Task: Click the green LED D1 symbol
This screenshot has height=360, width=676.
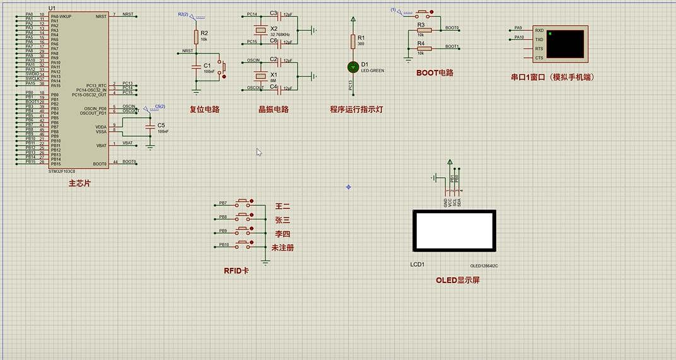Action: pyautogui.click(x=353, y=66)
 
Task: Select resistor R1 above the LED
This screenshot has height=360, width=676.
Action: pyautogui.click(x=353, y=42)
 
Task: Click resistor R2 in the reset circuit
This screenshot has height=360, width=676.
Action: pyautogui.click(x=196, y=37)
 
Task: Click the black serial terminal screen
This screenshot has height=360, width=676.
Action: pyautogui.click(x=566, y=44)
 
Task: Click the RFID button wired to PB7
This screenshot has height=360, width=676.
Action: pyautogui.click(x=243, y=203)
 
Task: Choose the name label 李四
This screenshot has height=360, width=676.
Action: pyautogui.click(x=283, y=234)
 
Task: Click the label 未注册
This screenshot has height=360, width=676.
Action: pyautogui.click(x=283, y=248)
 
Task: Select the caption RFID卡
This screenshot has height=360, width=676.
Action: pyautogui.click(x=236, y=271)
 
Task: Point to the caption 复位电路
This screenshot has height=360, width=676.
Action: pyautogui.click(x=204, y=109)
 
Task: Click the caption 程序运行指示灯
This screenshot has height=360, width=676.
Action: pyautogui.click(x=356, y=109)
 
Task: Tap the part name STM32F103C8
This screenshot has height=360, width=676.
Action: pyautogui.click(x=62, y=171)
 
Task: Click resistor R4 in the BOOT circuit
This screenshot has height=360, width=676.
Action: pyautogui.click(x=424, y=48)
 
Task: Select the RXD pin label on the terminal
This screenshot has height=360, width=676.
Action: pyautogui.click(x=539, y=30)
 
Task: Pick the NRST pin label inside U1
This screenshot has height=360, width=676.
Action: pyautogui.click(x=101, y=16)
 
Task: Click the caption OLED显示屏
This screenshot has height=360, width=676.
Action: pyautogui.click(x=457, y=280)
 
